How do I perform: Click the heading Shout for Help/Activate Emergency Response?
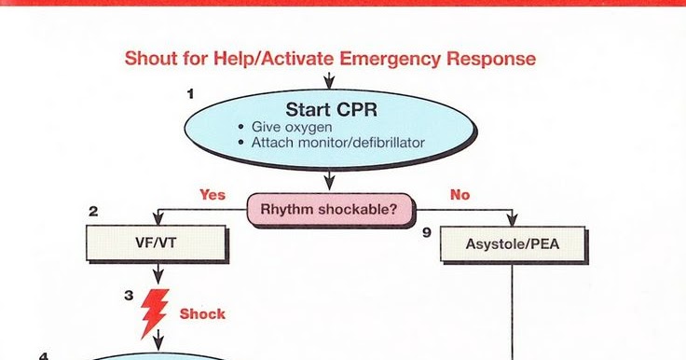coord(330,59)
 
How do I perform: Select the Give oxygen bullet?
coord(291,127)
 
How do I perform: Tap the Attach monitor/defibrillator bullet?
coord(336,143)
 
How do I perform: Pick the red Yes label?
coord(213,196)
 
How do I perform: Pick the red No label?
coord(460,196)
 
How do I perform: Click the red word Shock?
coord(202,314)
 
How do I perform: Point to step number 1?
coord(191,93)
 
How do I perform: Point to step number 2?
coord(93,212)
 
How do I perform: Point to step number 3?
coord(129,294)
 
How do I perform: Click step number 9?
coord(426,232)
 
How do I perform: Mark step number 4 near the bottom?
coord(42,355)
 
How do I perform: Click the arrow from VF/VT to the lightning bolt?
coord(157,274)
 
